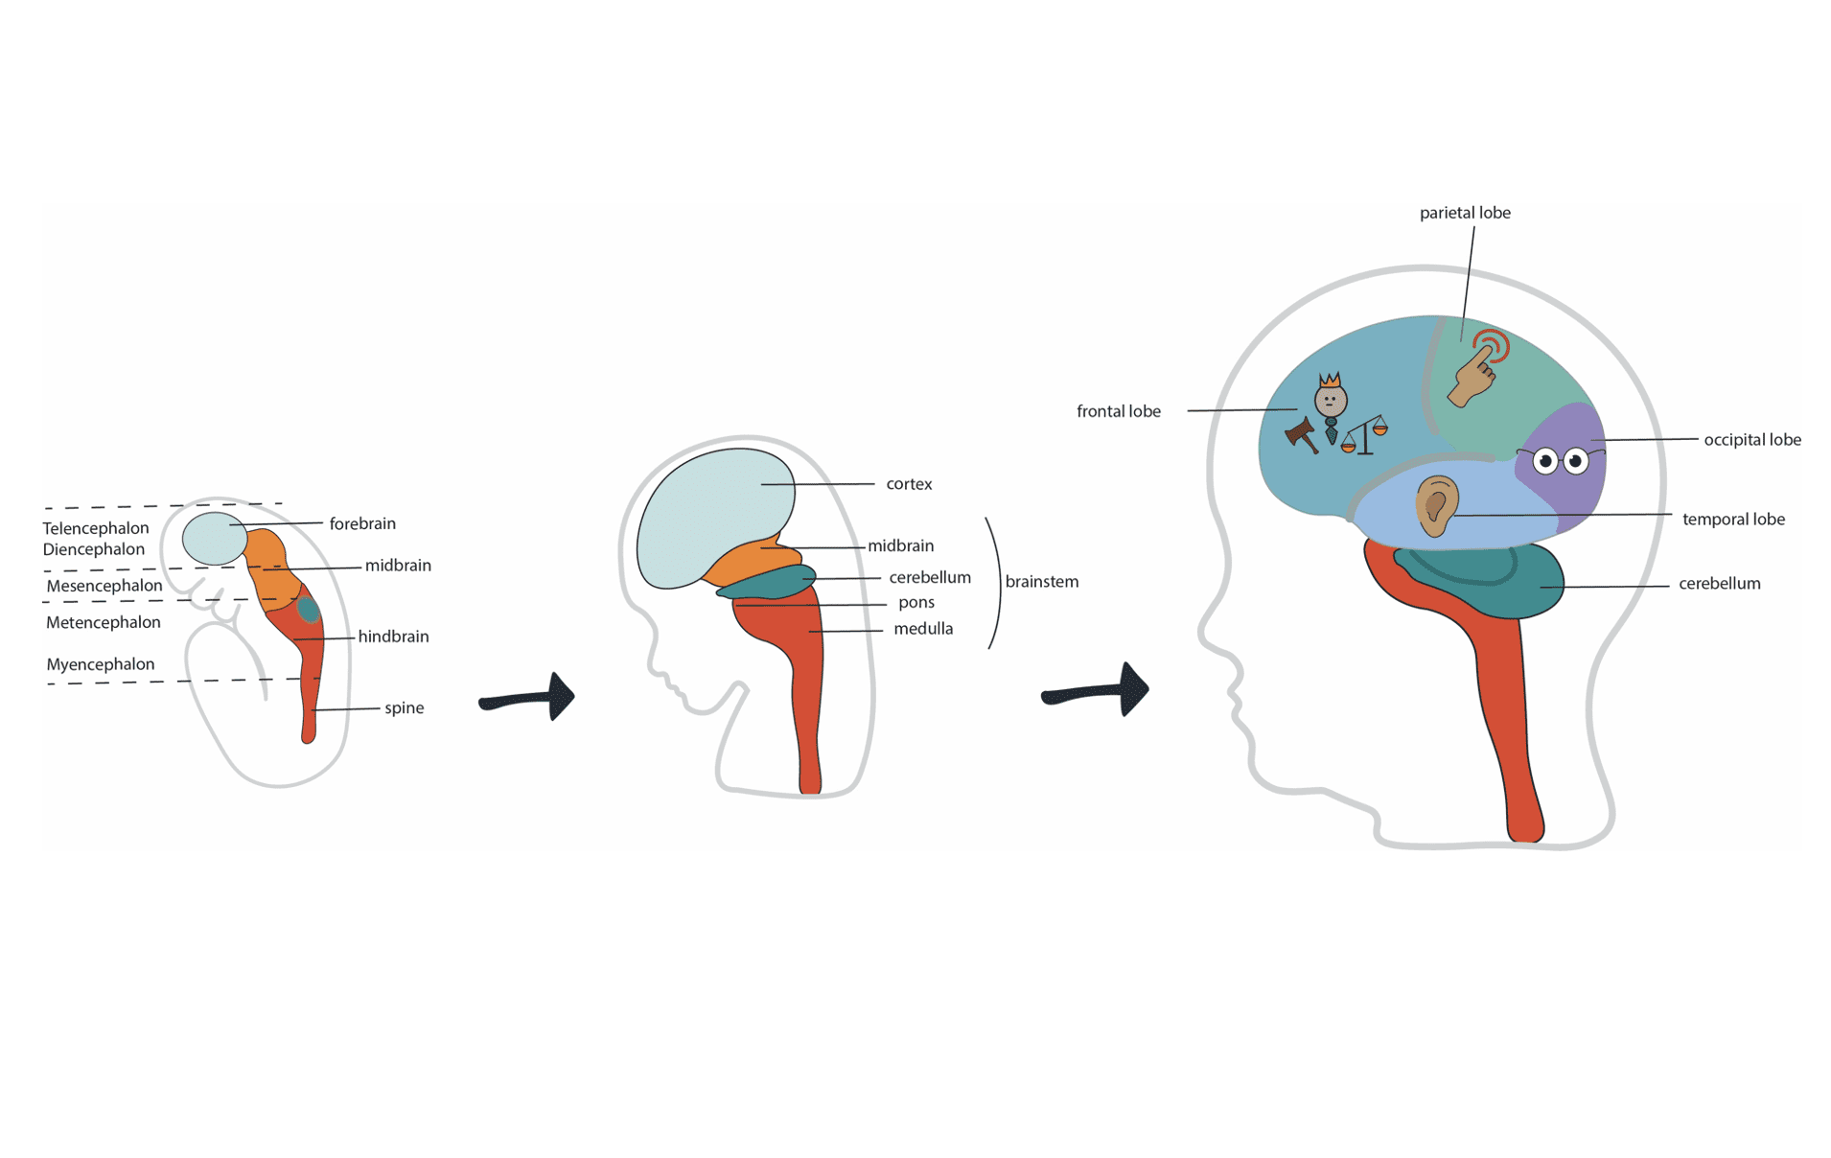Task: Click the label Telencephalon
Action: [96, 528]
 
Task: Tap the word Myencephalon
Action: [101, 664]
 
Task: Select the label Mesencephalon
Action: [104, 586]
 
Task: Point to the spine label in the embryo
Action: [404, 707]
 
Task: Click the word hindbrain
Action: [393, 637]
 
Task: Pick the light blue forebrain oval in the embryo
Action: [215, 538]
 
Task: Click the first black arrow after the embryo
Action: [529, 698]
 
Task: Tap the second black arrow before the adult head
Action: [1098, 690]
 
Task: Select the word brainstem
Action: [1042, 582]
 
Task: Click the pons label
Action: [915, 603]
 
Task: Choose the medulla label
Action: [923, 629]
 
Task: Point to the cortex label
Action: [909, 484]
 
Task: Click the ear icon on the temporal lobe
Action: [1436, 505]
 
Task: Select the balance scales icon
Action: [1365, 436]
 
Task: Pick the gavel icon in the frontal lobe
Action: [1301, 435]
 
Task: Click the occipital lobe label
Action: [1751, 440]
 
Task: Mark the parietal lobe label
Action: [1465, 213]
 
